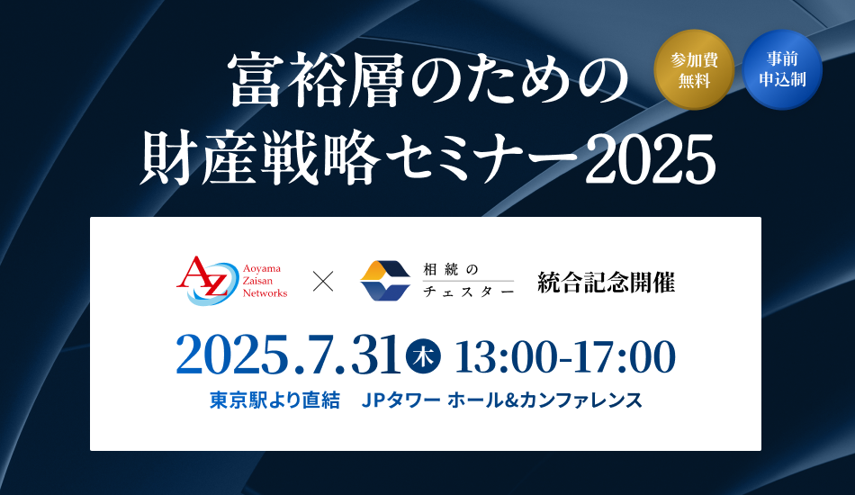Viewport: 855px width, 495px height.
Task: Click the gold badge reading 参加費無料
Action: tap(694, 70)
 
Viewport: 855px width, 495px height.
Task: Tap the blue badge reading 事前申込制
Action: tap(782, 70)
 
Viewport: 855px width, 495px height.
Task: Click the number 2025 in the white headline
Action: tap(650, 158)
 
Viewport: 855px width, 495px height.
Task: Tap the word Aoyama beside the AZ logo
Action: tap(262, 268)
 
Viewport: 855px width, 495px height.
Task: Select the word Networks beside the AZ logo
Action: tap(265, 293)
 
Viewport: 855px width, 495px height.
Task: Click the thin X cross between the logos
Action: tap(323, 282)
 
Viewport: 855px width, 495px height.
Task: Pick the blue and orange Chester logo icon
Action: tap(385, 281)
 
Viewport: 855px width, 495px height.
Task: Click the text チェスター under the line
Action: tap(468, 292)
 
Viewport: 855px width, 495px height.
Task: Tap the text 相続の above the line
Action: tap(450, 269)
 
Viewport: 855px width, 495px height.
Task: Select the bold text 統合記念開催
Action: tap(607, 282)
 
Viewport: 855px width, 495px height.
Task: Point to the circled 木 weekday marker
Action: tap(424, 356)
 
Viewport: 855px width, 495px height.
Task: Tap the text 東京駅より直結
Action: tap(274, 400)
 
